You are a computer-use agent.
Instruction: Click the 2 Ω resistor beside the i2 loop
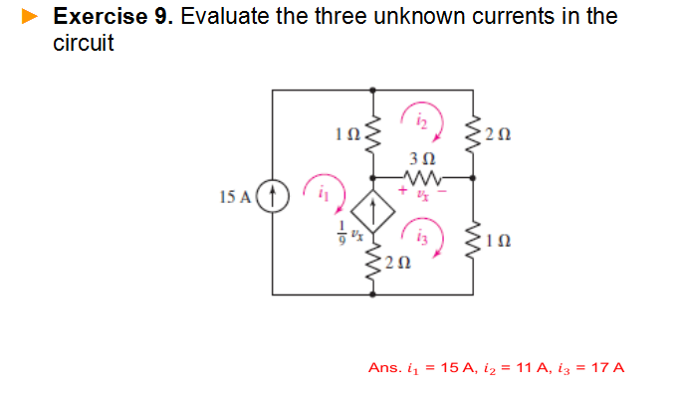click(x=473, y=132)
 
